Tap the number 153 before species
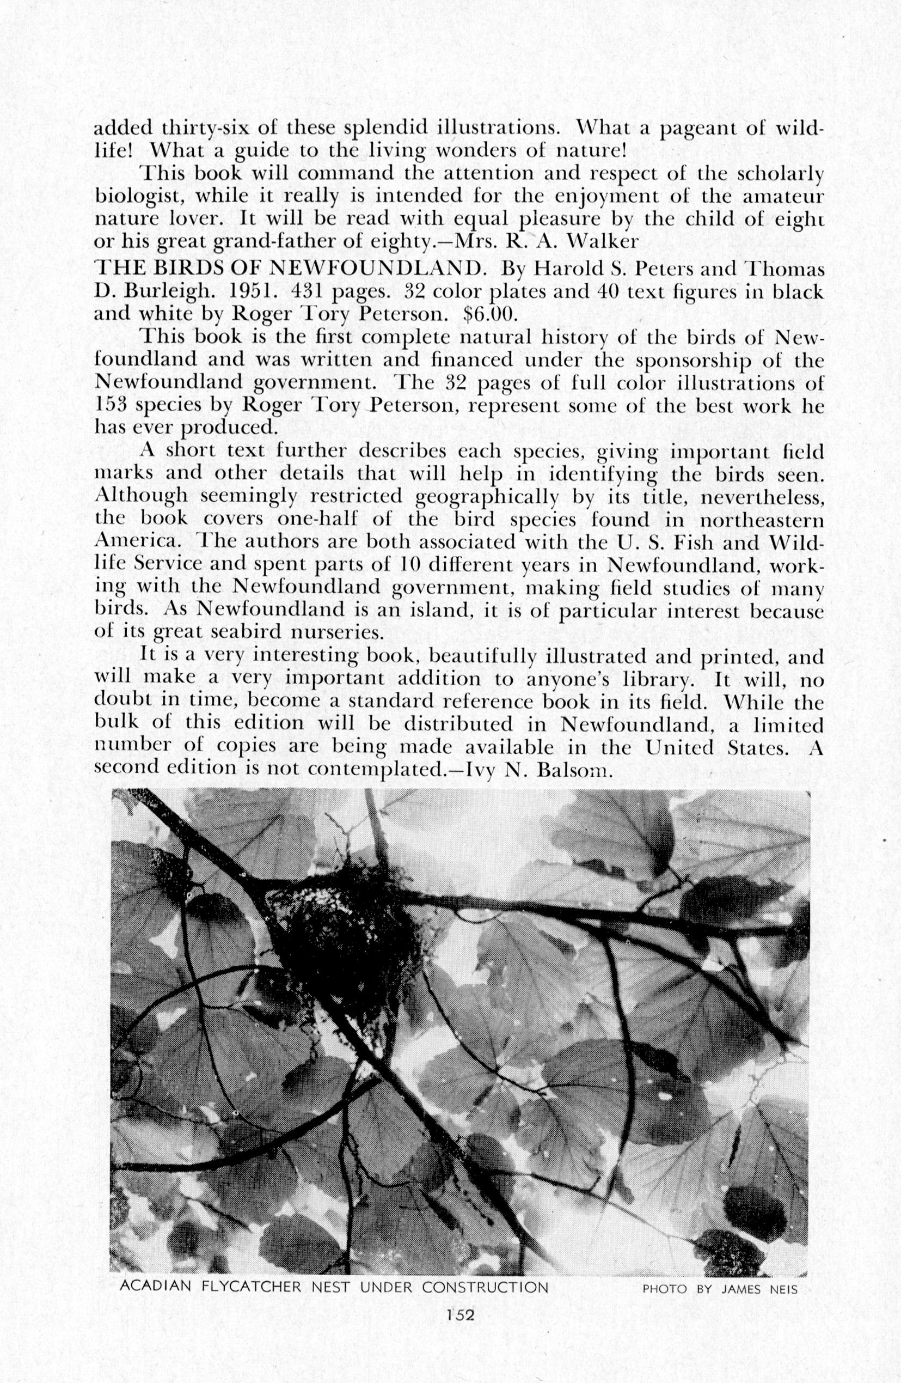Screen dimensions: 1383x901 point(112,406)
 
